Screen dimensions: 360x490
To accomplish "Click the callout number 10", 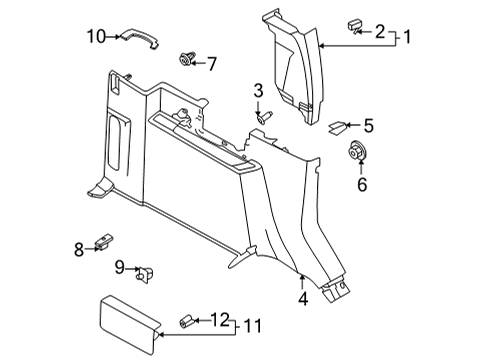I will point(95,38).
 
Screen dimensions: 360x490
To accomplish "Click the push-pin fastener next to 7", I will point(186,58).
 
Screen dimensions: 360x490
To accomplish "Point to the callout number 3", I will point(258,92).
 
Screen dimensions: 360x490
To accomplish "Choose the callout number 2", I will point(379,33).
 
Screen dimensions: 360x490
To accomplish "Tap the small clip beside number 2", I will point(355,26).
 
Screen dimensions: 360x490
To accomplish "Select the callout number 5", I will point(368,126).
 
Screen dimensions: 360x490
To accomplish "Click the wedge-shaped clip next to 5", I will point(339,126).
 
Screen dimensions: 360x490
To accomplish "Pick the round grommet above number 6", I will point(357,153).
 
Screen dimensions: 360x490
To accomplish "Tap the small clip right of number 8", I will point(103,241).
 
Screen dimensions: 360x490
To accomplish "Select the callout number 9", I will point(118,268).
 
